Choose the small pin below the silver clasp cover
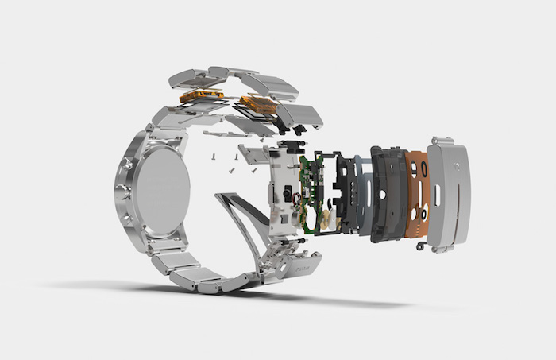coord(419,246)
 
